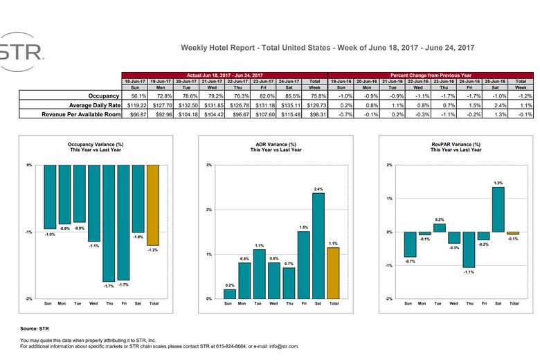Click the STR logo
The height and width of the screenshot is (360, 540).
click(21, 52)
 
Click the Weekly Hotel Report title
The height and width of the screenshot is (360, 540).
click(327, 48)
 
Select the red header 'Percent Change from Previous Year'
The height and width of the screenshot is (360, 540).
click(432, 74)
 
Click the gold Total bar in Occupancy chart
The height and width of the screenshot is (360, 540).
click(153, 205)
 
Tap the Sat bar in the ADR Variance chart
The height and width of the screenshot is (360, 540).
click(318, 246)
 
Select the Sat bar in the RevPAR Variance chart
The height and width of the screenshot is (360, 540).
click(498, 210)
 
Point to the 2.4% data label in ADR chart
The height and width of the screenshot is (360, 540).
click(318, 189)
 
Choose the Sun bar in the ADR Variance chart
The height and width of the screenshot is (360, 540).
click(230, 294)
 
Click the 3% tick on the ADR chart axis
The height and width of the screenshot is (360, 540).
click(209, 165)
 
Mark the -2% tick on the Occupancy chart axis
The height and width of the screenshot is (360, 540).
click(29, 299)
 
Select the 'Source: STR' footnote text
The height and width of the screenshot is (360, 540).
click(34, 329)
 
